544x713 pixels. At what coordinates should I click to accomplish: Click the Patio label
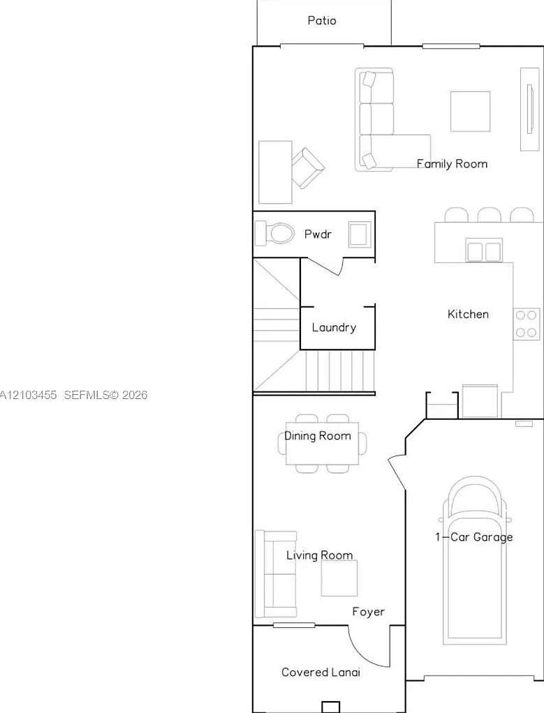pos(322,20)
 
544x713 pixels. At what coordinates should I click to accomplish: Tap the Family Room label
pos(452,164)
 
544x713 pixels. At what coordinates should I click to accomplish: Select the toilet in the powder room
pos(274,233)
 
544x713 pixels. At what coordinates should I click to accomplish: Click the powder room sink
pos(360,234)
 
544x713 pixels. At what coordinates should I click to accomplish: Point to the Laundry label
pos(334,327)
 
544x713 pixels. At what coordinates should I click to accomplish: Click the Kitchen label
pos(468,314)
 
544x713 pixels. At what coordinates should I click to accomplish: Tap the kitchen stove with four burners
pos(527,324)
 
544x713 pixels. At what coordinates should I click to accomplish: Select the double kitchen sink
pos(484,250)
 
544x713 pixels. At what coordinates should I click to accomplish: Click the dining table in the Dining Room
pos(323,443)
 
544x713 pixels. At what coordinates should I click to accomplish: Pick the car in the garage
pos(474,561)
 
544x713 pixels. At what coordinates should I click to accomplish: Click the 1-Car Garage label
pos(474,537)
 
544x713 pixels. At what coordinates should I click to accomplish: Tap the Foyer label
pos(368,612)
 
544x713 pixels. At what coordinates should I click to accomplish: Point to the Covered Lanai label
pos(321,672)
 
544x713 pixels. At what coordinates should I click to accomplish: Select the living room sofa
pos(275,574)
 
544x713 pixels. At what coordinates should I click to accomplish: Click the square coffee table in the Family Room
pos(471,112)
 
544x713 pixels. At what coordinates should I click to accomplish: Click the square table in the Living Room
pos(339,578)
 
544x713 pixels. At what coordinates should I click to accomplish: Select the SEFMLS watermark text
pos(105,395)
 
